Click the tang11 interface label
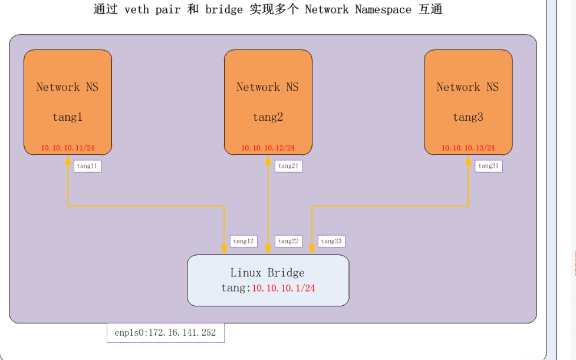pyautogui.click(x=87, y=166)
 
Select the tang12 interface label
pyautogui.click(x=243, y=241)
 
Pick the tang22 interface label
pyautogui.click(x=289, y=241)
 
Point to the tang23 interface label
pyautogui.click(x=331, y=241)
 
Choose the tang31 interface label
pyautogui.click(x=488, y=166)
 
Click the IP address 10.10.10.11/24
pyautogui.click(x=68, y=148)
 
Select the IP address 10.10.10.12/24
pyautogui.click(x=268, y=148)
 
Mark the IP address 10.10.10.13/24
pyautogui.click(x=468, y=148)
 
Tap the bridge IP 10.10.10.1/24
pyautogui.click(x=283, y=288)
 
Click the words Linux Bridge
pyautogui.click(x=268, y=273)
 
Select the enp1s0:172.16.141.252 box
pyautogui.click(x=165, y=333)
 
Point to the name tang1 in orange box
pyautogui.click(x=67, y=117)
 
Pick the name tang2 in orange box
pyautogui.click(x=268, y=117)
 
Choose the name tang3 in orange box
pyautogui.click(x=468, y=117)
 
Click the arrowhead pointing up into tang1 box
pyautogui.click(x=68, y=160)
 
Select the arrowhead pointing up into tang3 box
pyautogui.click(x=468, y=160)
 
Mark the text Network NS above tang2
pyautogui.click(x=268, y=87)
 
